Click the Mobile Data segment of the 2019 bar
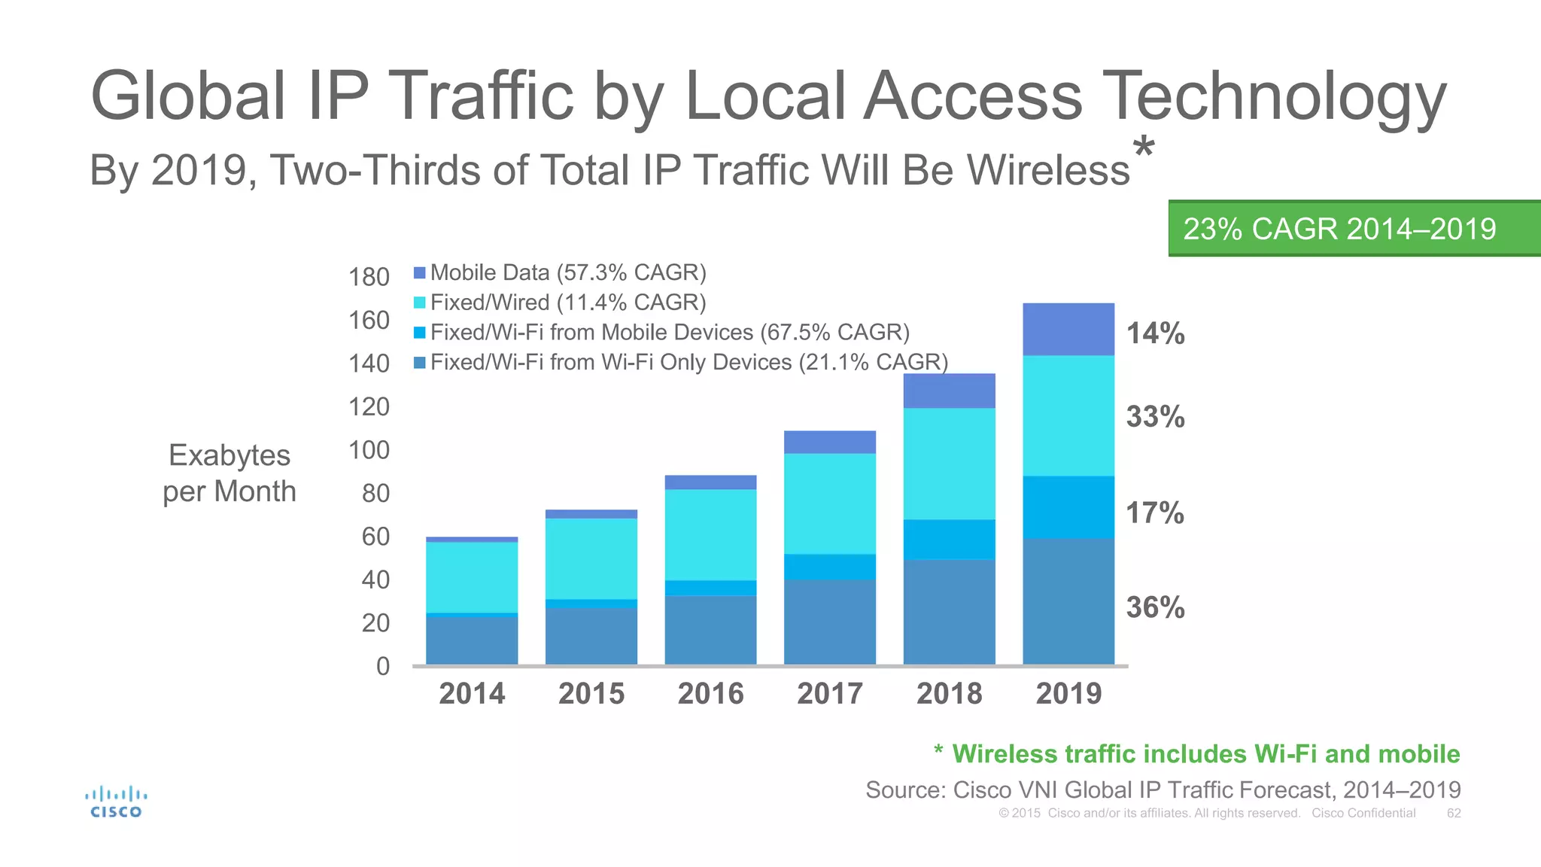[x=1068, y=329]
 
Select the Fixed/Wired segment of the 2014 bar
[x=472, y=577]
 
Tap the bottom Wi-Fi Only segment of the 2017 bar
[x=830, y=622]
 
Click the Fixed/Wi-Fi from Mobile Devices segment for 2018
[x=949, y=539]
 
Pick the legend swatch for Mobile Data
[x=420, y=272]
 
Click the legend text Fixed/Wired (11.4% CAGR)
[x=568, y=303]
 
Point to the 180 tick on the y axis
[x=369, y=277]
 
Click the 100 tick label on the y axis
[x=369, y=450]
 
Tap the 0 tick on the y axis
[x=383, y=666]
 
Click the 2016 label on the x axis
[x=710, y=693]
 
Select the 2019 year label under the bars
[x=1068, y=693]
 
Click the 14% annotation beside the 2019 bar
[x=1155, y=333]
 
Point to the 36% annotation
[x=1155, y=607]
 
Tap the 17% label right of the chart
[x=1155, y=513]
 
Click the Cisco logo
[x=116, y=802]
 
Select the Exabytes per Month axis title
[x=229, y=473]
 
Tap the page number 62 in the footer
[x=1454, y=813]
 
